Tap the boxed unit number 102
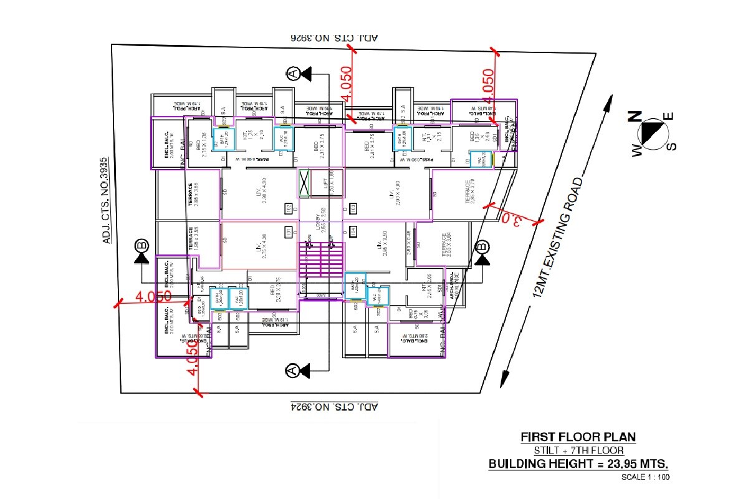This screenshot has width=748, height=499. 289,208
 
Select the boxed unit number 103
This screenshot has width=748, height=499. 353,208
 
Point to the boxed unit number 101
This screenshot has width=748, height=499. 289,233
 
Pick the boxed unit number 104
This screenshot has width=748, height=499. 353,233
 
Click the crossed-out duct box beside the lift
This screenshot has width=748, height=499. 305,183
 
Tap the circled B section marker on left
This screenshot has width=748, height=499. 141,245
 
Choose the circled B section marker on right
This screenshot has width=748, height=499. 482,247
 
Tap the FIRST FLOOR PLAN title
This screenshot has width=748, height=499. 578,437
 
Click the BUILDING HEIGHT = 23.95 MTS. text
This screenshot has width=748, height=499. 578,464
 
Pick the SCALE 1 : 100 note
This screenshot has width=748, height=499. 645,477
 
